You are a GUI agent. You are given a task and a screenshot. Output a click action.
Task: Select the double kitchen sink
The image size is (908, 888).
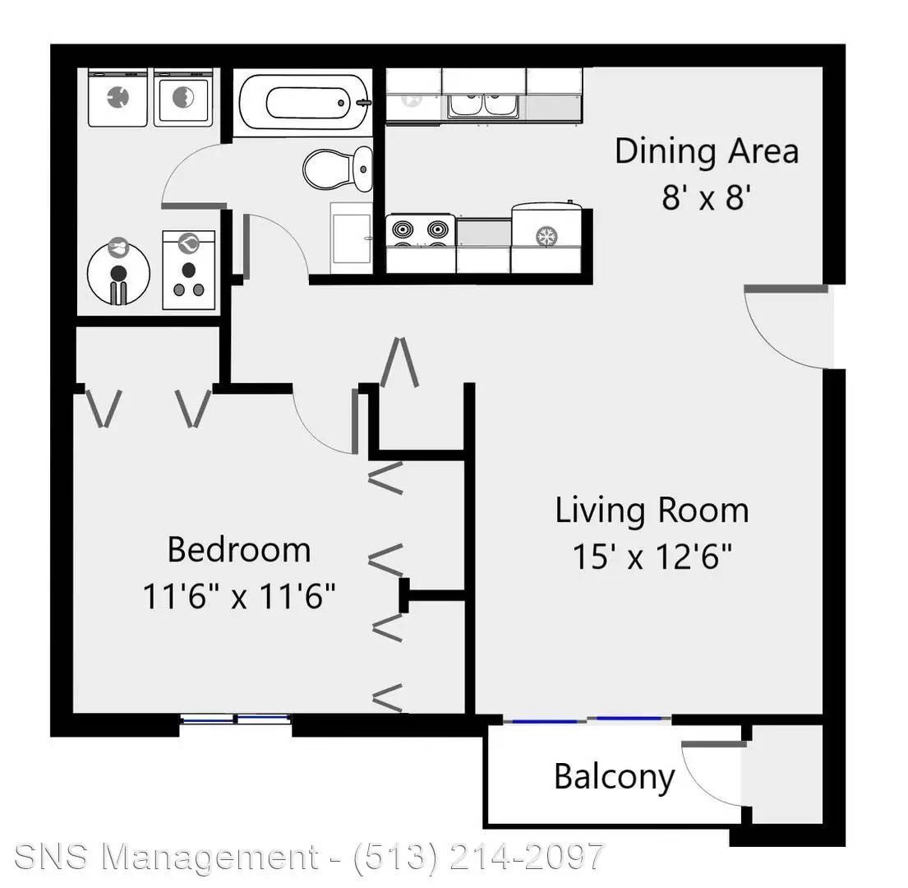coord(484,105)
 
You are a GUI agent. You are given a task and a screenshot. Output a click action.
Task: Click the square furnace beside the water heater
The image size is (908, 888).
coord(189,270)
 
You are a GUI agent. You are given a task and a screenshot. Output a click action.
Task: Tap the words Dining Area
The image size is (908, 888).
coord(706,151)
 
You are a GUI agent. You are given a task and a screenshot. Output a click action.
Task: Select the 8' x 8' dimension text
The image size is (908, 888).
coord(707,198)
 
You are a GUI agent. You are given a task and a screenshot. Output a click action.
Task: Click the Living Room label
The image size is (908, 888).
coord(652,511)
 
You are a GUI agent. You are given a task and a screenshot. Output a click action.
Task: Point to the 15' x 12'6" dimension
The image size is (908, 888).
coord(652,557)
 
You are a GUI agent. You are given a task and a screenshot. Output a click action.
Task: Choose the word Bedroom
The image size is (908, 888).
coord(239,549)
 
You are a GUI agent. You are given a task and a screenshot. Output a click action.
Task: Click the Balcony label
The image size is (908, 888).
coord(615,776)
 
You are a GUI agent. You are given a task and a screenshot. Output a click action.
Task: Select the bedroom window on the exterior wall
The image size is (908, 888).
coord(236,719)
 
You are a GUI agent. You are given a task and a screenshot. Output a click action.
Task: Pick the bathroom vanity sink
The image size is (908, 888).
coord(351,238)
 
